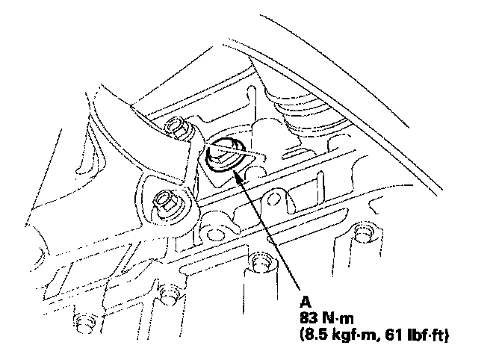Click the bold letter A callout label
[x=305, y=301]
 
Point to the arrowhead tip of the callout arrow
[x=234, y=170]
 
